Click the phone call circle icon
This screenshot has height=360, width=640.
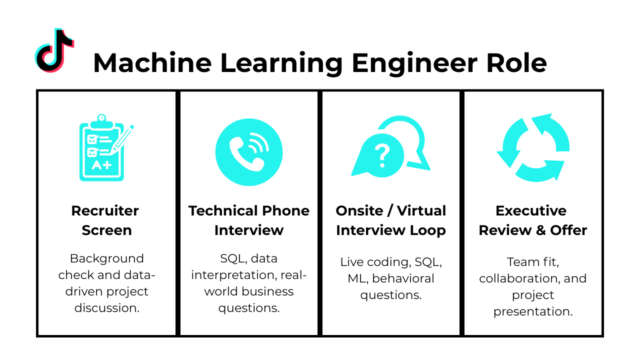tap(249, 152)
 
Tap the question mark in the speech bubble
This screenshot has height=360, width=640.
tap(382, 155)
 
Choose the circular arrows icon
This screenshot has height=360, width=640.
tap(533, 148)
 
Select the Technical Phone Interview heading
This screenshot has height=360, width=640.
tap(249, 220)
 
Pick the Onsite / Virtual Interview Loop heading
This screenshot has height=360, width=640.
tap(391, 220)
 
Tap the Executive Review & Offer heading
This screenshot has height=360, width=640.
tap(533, 220)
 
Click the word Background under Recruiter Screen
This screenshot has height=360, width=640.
tap(106, 258)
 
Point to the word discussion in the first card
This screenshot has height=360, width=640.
tap(106, 308)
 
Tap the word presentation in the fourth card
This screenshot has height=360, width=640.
tap(533, 311)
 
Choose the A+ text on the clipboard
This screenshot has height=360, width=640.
tap(101, 165)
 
